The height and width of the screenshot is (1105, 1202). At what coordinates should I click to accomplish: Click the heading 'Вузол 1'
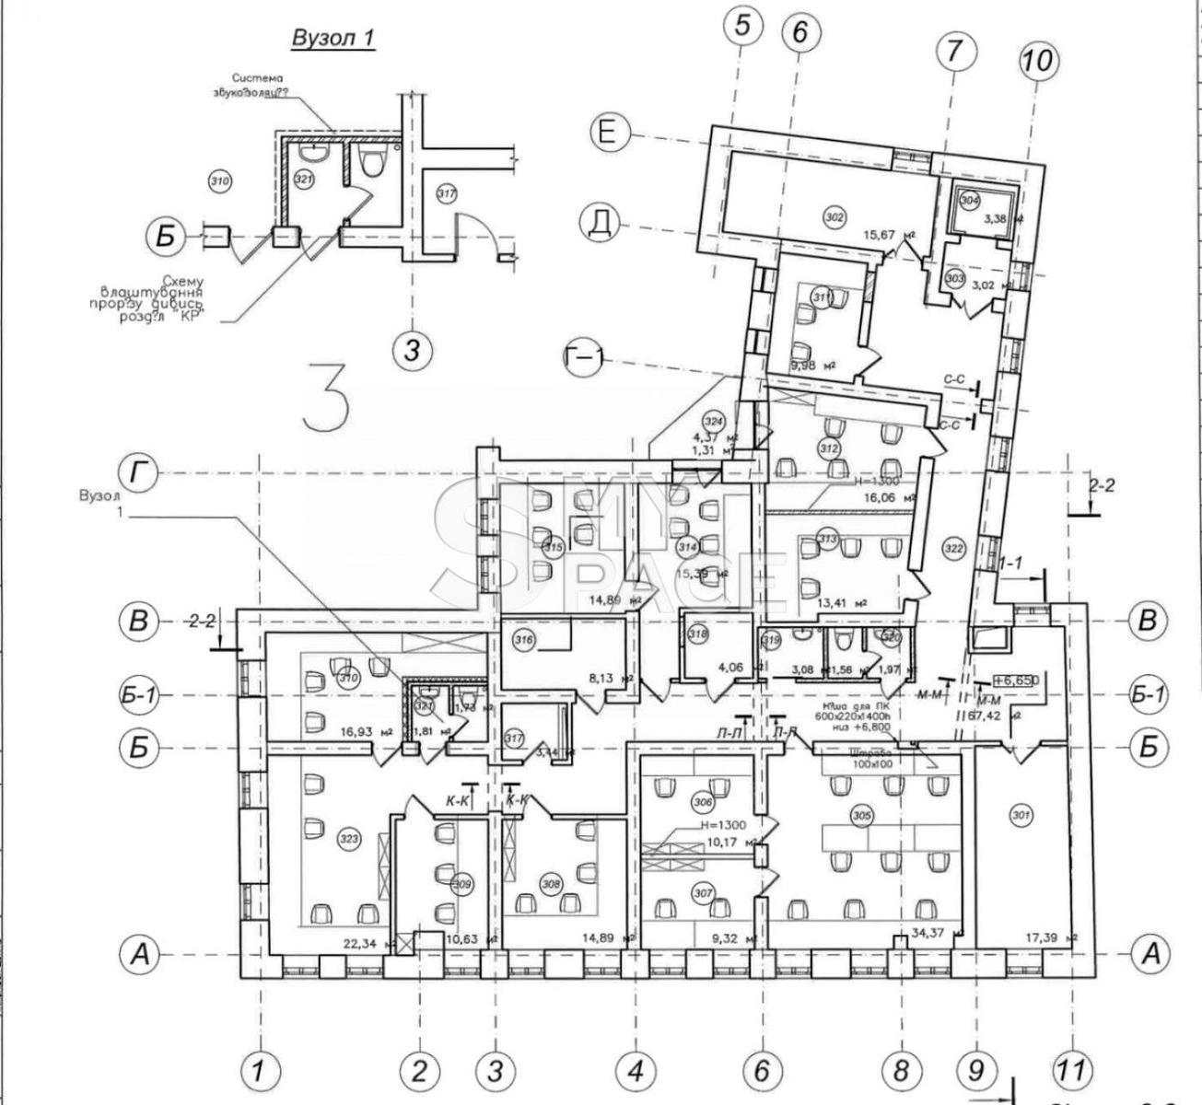[x=333, y=38]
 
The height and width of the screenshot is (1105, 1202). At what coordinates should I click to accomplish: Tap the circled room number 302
[x=834, y=217]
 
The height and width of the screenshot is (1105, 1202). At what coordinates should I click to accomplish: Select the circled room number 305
[x=861, y=816]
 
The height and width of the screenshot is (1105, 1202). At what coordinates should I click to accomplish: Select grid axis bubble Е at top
[x=606, y=133]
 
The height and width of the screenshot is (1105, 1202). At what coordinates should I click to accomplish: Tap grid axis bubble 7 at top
[x=954, y=52]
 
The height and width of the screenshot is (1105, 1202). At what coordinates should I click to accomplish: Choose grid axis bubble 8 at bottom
[x=900, y=1071]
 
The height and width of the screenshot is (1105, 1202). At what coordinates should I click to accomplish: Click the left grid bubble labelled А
[x=139, y=954]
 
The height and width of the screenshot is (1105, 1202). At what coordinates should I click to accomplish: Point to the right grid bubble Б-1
[x=1148, y=695]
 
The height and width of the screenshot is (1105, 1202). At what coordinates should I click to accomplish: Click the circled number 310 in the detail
[x=219, y=181]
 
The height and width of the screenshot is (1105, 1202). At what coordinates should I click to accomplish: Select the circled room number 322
[x=953, y=549]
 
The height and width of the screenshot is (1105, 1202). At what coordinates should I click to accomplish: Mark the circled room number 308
[x=551, y=884]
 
